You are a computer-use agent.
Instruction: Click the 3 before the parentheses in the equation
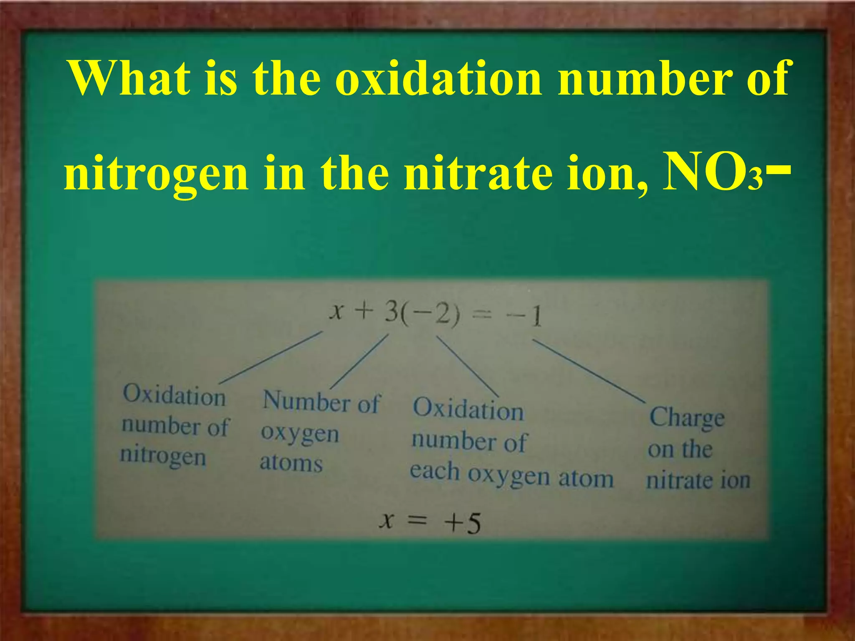click(392, 312)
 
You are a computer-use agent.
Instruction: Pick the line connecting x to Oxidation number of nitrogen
click(271, 357)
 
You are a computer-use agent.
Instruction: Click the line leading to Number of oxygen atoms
click(359, 361)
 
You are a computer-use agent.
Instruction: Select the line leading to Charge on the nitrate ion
click(589, 371)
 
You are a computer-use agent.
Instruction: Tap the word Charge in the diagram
click(687, 417)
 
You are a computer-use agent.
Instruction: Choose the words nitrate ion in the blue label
click(698, 481)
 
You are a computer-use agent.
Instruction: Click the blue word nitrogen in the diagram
click(163, 456)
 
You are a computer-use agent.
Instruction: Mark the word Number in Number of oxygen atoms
click(306, 401)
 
